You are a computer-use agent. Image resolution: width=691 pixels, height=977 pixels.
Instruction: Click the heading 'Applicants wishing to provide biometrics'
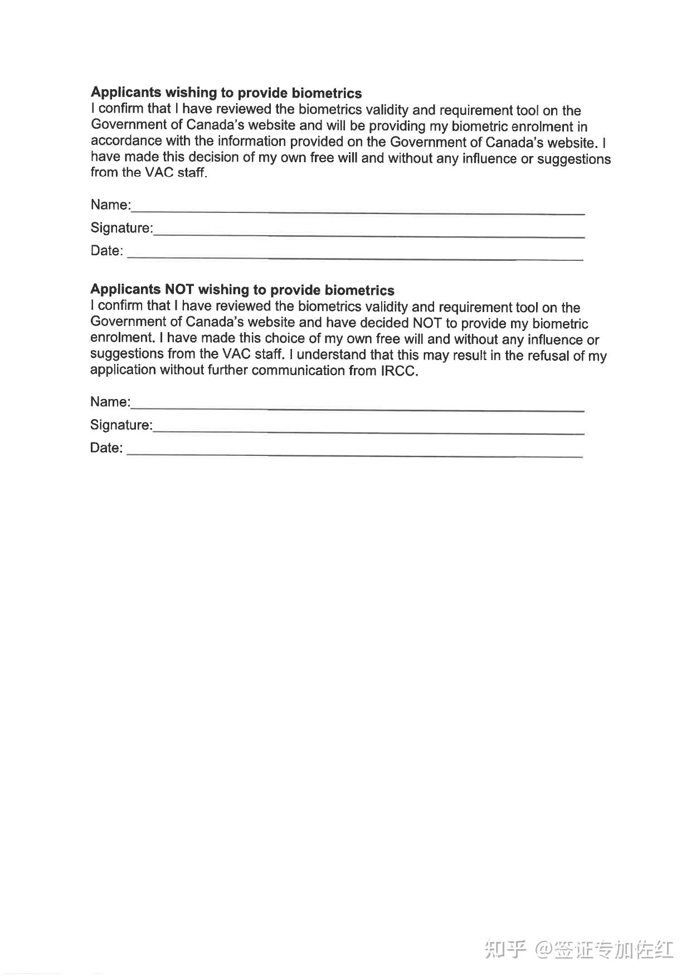(x=226, y=93)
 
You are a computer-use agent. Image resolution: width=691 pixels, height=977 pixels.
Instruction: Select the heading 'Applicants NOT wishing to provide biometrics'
(x=242, y=289)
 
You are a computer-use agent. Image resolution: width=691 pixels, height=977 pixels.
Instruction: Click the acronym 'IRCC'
(x=398, y=371)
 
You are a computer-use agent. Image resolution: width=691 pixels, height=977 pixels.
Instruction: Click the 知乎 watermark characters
(x=505, y=949)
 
